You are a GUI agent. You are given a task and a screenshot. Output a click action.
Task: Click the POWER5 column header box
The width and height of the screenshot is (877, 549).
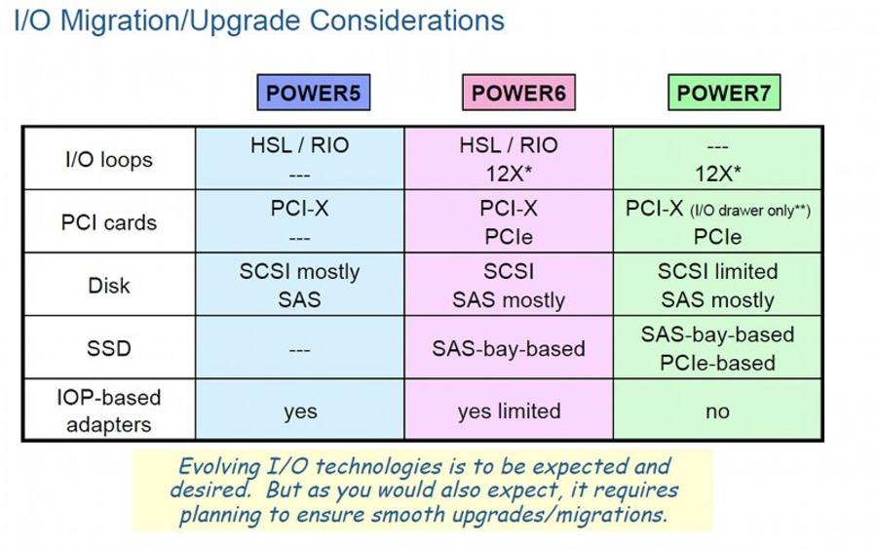click(x=313, y=93)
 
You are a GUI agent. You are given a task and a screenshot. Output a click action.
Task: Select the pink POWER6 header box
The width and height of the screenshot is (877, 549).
click(x=518, y=93)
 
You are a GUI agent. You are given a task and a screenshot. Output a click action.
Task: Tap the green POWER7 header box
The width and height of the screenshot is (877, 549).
click(x=724, y=93)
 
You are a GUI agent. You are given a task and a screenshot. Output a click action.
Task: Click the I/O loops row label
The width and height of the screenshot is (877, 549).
click(x=109, y=160)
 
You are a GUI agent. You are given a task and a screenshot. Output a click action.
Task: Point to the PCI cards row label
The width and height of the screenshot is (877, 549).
click(x=109, y=222)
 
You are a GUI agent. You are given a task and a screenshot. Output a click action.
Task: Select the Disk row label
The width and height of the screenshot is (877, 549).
click(x=109, y=286)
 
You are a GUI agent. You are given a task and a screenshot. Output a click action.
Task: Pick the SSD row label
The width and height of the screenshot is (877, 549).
click(x=109, y=348)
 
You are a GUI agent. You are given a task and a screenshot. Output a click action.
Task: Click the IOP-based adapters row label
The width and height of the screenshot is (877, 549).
click(x=109, y=411)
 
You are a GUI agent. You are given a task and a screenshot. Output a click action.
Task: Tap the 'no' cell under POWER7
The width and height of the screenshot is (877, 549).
click(x=717, y=412)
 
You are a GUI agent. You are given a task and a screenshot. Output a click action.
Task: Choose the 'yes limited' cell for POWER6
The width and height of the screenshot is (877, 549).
click(x=509, y=412)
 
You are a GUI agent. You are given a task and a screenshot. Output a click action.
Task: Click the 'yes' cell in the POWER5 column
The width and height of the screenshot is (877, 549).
click(x=300, y=412)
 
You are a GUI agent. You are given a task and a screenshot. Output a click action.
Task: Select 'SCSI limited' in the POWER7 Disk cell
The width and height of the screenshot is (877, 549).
click(x=717, y=271)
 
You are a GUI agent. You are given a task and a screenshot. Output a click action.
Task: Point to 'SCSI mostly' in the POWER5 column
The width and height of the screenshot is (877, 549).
click(x=300, y=272)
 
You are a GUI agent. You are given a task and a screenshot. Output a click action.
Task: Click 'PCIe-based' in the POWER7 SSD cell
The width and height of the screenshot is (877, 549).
click(x=717, y=363)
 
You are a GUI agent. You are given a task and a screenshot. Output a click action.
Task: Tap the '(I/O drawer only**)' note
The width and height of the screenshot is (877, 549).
click(x=750, y=211)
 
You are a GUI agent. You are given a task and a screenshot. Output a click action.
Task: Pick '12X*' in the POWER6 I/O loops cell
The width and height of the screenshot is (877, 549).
click(x=509, y=174)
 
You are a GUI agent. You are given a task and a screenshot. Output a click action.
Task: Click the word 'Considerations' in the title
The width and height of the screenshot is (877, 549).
click(x=407, y=20)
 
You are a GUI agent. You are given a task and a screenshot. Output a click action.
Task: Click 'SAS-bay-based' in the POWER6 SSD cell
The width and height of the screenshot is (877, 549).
click(x=509, y=349)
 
